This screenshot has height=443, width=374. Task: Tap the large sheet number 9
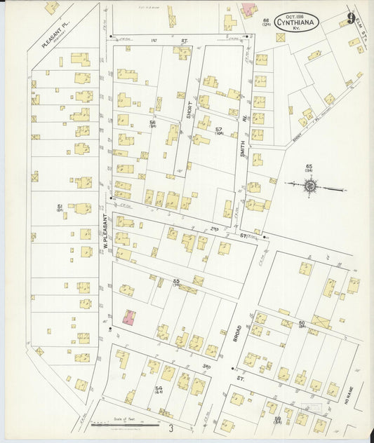click(x=350, y=18)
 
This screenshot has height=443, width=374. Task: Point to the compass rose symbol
click(x=310, y=186)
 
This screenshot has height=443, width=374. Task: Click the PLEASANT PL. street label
click(x=53, y=34)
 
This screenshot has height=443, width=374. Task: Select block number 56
click(x=152, y=123)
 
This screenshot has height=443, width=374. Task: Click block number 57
click(x=218, y=131)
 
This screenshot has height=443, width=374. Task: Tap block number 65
click(x=307, y=167)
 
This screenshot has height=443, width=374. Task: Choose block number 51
click(x=60, y=207)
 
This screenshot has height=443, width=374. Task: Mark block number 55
click(x=177, y=282)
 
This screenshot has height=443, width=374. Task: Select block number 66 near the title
click(x=266, y=22)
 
